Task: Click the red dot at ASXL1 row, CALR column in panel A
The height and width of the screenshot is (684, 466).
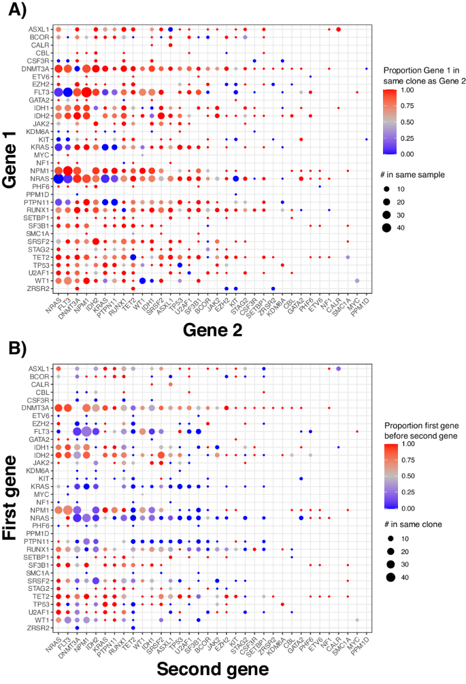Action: (338, 29)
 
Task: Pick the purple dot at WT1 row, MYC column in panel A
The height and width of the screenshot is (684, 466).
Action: (357, 280)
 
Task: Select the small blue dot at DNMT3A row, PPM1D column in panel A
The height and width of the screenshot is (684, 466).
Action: (367, 69)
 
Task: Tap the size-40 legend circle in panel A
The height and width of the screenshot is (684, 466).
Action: (391, 227)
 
